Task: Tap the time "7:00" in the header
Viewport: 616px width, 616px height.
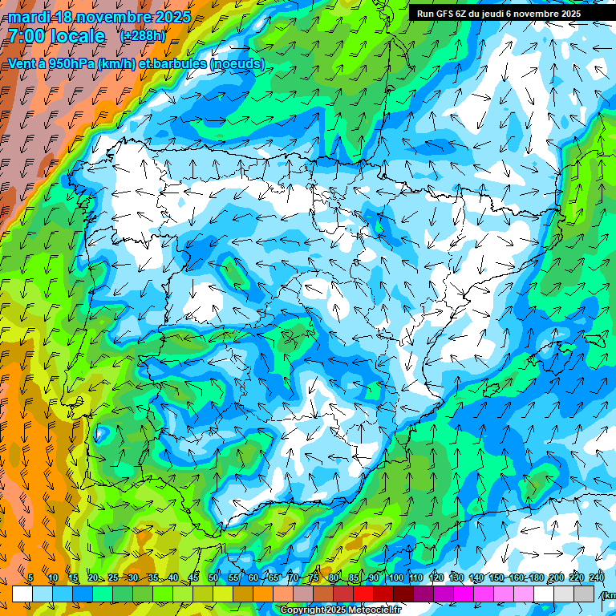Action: (x=26, y=36)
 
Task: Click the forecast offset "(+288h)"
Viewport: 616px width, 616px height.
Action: (x=143, y=35)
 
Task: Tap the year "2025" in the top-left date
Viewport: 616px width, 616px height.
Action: (x=171, y=17)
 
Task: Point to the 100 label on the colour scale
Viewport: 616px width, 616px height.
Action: (x=395, y=578)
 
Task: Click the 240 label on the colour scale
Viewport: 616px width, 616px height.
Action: (x=597, y=578)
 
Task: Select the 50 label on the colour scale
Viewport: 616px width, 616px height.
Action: (x=213, y=578)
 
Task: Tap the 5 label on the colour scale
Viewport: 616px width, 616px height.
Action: (x=30, y=578)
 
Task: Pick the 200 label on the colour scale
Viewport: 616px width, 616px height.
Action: (x=555, y=578)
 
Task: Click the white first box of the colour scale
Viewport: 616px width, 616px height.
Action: (x=22, y=594)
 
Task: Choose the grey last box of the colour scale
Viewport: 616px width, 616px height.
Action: (x=584, y=594)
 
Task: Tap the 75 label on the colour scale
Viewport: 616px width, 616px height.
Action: (x=314, y=578)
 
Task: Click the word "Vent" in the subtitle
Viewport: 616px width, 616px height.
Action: (x=20, y=64)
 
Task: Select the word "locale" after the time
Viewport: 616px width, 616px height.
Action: (x=76, y=36)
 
